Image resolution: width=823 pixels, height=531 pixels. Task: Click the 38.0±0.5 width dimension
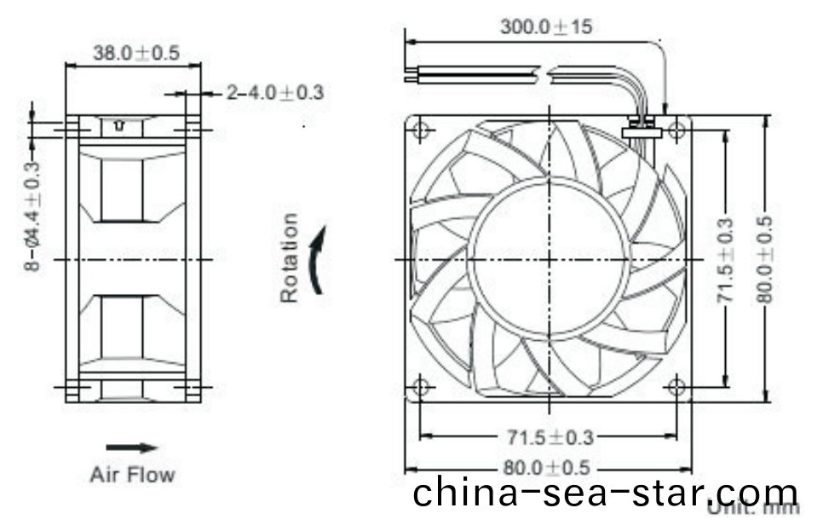(135, 53)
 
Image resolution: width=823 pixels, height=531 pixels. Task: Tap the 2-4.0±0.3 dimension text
(274, 92)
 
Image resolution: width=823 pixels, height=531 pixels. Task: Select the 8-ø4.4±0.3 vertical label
(32, 216)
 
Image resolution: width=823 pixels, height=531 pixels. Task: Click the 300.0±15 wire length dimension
(545, 26)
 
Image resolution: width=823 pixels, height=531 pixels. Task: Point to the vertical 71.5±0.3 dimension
(725, 258)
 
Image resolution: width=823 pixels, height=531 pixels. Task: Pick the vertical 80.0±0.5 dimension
(764, 258)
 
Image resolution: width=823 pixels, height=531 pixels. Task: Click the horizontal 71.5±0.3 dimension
(547, 438)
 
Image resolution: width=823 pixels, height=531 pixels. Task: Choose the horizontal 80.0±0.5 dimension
(547, 468)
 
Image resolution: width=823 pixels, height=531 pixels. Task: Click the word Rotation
(290, 258)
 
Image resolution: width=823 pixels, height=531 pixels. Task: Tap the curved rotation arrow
(317, 260)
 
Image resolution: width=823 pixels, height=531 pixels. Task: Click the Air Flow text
(132, 474)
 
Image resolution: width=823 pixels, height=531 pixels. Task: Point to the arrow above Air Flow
(132, 447)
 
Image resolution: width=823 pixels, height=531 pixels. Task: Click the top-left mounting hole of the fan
(420, 130)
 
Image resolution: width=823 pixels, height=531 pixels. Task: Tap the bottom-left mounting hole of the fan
(420, 386)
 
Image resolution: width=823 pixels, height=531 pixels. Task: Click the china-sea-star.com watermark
(606, 493)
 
